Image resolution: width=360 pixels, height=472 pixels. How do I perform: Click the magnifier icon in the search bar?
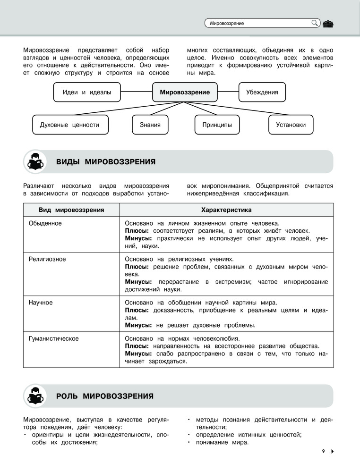(315, 22)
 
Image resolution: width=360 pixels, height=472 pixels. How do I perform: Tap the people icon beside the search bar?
(328, 23)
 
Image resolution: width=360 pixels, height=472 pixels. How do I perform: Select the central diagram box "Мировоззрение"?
(185, 93)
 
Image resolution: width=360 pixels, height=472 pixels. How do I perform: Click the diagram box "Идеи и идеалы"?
(87, 93)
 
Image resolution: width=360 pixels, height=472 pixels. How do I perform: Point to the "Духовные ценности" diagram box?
(70, 125)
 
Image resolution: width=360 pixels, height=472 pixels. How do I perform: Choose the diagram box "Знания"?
(150, 125)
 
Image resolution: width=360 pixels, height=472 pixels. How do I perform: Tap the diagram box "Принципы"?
(217, 125)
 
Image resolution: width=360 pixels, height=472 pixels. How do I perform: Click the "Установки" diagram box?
(291, 125)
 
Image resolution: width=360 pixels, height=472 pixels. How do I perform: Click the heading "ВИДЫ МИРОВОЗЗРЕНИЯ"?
(106, 162)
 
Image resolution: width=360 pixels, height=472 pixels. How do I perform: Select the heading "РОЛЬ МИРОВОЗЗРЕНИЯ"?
(105, 396)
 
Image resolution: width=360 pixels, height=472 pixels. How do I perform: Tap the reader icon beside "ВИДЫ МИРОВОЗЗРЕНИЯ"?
(35, 162)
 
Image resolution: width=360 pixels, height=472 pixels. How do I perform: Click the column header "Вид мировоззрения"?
(71, 210)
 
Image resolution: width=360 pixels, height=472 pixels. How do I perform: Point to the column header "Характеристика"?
(226, 210)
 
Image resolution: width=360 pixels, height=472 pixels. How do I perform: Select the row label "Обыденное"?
(45, 223)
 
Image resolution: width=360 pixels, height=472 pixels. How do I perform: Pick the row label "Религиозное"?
(47, 259)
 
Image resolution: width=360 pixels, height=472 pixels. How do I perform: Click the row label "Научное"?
(41, 302)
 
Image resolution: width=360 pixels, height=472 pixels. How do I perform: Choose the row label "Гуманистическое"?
(53, 338)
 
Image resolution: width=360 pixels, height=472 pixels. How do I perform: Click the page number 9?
(324, 452)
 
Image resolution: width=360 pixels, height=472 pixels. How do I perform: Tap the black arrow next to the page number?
(333, 452)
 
